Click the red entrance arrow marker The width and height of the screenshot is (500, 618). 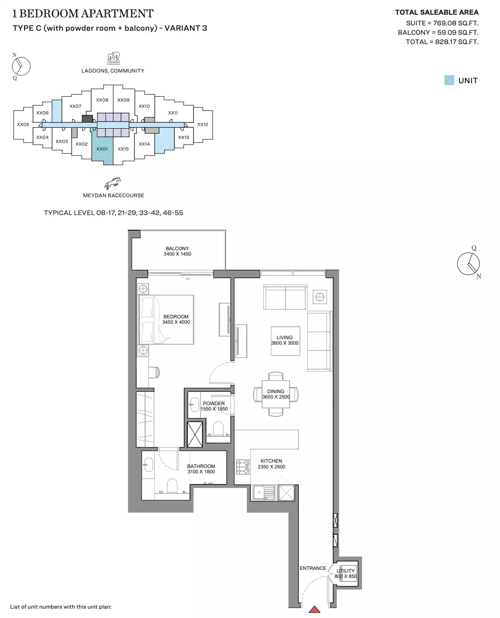click(x=314, y=609)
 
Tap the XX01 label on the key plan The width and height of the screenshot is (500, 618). click(x=102, y=149)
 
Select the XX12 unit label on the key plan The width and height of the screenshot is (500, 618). click(x=202, y=125)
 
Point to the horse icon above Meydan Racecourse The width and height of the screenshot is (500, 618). click(x=113, y=183)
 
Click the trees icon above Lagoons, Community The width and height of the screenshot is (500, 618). click(x=113, y=58)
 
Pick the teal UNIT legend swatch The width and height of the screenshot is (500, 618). click(x=449, y=81)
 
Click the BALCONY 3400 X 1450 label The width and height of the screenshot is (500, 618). click(x=177, y=251)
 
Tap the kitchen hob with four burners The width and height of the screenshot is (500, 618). click(x=242, y=467)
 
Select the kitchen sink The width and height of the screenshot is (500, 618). click(x=264, y=492)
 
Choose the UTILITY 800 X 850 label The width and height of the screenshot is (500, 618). click(x=346, y=573)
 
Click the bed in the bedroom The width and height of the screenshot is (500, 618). click(x=166, y=320)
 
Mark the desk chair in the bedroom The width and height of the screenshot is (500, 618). click(x=154, y=372)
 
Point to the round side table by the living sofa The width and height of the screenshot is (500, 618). click(x=320, y=297)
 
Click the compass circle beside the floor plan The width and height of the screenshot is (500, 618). click(x=468, y=264)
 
